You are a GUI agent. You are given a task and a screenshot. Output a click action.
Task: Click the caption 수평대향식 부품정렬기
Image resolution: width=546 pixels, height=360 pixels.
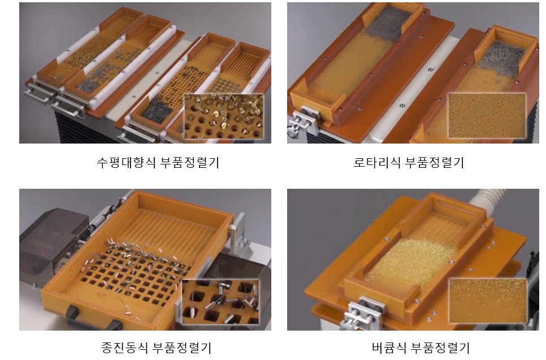point(158,162)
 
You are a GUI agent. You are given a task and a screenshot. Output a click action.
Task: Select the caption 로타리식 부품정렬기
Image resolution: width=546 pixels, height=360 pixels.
point(409,162)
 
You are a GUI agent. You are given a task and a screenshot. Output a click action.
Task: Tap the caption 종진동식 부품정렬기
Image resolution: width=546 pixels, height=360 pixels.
point(157,348)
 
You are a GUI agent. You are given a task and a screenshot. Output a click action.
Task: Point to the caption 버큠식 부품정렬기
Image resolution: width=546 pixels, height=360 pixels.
point(421,348)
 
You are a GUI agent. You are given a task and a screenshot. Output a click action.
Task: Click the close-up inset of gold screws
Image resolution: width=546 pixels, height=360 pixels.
point(224,116)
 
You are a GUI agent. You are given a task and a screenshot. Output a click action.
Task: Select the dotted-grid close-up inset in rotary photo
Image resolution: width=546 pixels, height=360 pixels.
point(487,115)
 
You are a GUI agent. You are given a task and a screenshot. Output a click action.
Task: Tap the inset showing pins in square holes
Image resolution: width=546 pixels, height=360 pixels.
point(221,302)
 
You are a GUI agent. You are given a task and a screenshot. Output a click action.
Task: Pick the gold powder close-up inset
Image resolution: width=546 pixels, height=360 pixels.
point(487,301)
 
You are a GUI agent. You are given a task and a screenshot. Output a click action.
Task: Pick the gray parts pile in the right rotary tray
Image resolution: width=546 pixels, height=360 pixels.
point(500,56)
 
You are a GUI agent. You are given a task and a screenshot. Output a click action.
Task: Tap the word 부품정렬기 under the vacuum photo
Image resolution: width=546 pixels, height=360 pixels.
point(440,348)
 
